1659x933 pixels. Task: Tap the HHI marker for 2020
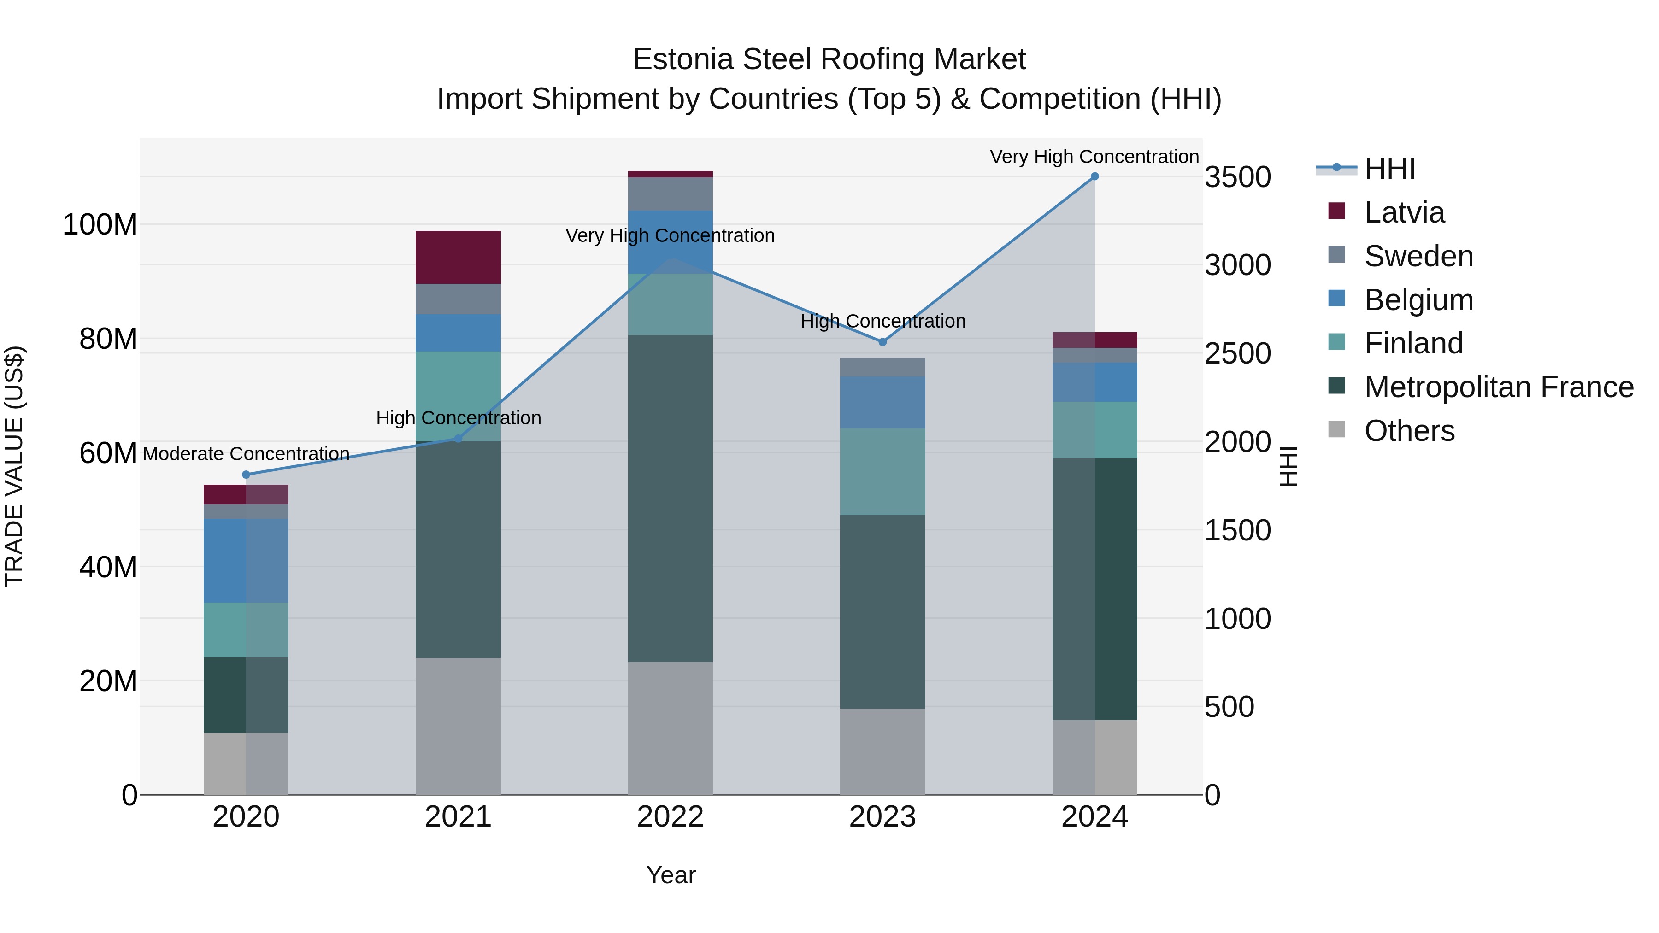click(246, 475)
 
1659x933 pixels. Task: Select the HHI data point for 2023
click(882, 342)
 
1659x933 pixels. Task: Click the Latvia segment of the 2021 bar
click(458, 257)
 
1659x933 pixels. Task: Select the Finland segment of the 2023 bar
click(882, 471)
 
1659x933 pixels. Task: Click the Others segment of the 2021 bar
click(458, 726)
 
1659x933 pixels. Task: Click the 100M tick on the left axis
click(100, 225)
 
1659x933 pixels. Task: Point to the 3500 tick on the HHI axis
click(1237, 177)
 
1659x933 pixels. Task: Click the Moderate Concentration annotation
click(246, 454)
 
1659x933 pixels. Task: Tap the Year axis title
click(671, 875)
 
